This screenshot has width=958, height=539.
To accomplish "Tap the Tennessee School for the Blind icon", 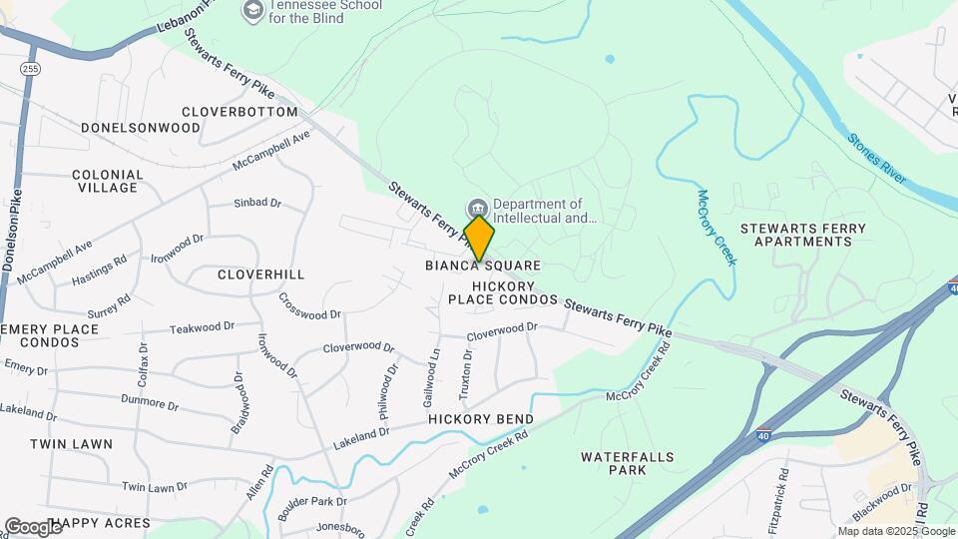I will tap(252, 11).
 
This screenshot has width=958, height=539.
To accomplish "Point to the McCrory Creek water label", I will tap(717, 228).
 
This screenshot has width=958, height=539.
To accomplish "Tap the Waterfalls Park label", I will tap(628, 463).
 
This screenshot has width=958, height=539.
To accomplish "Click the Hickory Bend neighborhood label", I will tap(481, 419).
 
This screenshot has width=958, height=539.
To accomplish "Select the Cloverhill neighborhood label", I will tap(260, 273).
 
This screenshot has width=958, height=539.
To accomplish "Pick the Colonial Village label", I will tap(108, 181).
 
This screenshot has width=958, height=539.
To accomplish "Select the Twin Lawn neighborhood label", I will tap(71, 443).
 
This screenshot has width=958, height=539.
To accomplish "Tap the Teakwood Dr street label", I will tap(202, 326).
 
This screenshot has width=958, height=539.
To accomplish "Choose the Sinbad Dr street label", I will tap(257, 203).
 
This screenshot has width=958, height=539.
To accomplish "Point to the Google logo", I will tap(32, 526).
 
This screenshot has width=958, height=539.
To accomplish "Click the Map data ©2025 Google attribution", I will tap(895, 531).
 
